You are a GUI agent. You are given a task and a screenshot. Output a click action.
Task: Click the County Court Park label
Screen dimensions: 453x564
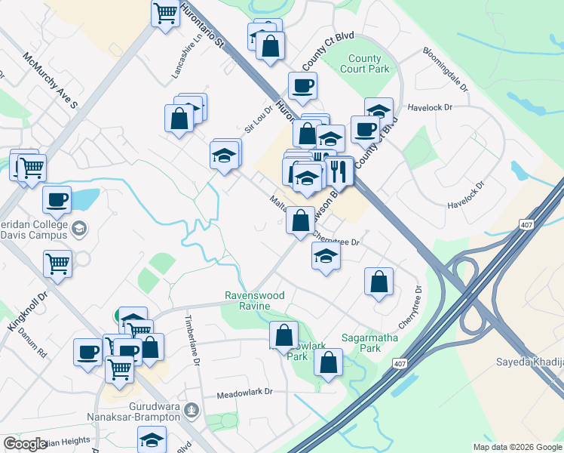pyautogui.click(x=369, y=63)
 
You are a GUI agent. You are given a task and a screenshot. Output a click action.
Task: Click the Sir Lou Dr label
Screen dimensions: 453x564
pyautogui.click(x=257, y=119)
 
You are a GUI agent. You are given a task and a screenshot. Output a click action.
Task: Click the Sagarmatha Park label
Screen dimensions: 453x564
pyautogui.click(x=361, y=344)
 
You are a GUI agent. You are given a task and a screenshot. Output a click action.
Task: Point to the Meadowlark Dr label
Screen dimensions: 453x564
pyautogui.click(x=244, y=393)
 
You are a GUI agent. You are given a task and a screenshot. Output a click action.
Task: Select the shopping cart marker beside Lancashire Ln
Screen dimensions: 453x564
pyautogui.click(x=164, y=13)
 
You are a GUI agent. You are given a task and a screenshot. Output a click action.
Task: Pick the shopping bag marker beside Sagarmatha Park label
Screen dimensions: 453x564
pyautogui.click(x=329, y=361)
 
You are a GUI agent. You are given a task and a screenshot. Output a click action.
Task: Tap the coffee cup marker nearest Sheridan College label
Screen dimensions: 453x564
pyautogui.click(x=57, y=200)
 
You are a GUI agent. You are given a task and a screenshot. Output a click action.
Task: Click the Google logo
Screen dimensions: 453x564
pyautogui.click(x=26, y=443)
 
